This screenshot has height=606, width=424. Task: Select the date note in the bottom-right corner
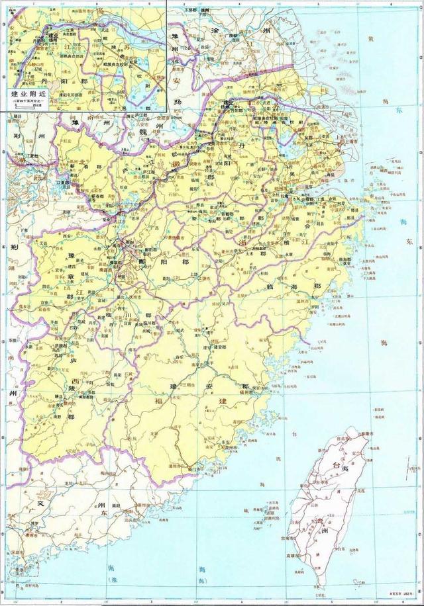[395, 601]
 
